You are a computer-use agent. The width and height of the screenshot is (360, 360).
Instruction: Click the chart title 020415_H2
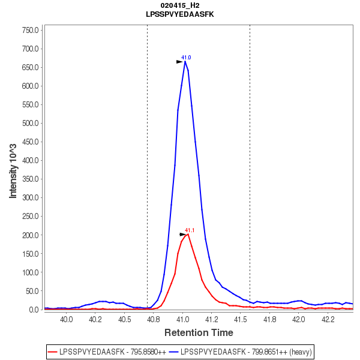coord(180,5)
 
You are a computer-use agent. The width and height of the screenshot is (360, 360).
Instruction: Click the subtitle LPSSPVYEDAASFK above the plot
coord(180,13)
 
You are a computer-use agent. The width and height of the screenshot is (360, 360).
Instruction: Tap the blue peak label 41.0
coord(186,58)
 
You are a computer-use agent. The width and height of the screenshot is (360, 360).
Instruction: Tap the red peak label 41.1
coord(190,230)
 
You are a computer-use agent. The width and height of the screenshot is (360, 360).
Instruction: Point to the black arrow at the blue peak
coord(180,61)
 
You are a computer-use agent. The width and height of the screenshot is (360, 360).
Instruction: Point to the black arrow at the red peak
coord(184,234)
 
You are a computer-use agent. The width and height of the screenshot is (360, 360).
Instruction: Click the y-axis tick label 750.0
coord(30,30)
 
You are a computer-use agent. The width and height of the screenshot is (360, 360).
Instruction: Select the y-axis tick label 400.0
coord(30,160)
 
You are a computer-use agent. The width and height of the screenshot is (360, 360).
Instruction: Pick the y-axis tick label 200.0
coord(30,235)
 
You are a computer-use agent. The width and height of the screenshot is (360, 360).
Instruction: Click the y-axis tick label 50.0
coord(32,291)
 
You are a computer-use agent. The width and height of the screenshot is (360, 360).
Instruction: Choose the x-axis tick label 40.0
coord(67,320)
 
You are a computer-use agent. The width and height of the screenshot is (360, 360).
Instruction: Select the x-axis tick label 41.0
coord(182,320)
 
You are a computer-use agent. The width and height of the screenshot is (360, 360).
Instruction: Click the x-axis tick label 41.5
coord(241,320)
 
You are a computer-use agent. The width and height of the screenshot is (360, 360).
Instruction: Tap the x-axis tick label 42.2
coord(327,320)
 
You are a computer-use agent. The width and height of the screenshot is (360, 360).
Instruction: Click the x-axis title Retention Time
coord(199,332)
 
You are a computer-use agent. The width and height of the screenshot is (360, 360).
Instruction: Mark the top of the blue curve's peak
coord(185,61)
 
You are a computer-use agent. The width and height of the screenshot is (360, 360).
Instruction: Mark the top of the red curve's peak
coord(188,234)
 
